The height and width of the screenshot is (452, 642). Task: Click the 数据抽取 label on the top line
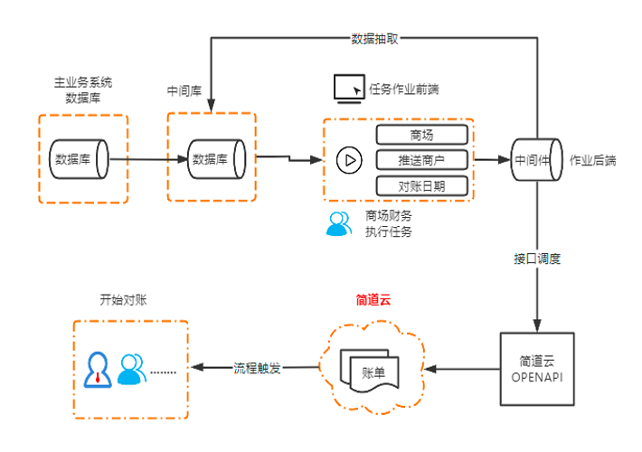[x=374, y=40]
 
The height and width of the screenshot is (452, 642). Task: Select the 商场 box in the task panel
[x=422, y=136]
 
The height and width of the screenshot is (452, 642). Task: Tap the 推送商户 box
[x=422, y=160]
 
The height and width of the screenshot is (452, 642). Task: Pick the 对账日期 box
[x=422, y=185]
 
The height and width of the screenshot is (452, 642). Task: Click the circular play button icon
[x=349, y=160]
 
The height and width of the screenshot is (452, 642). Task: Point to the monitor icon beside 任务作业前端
[x=348, y=87]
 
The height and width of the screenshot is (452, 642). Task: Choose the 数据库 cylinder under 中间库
[x=214, y=159]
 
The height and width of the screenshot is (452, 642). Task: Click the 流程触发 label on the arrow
[x=257, y=368]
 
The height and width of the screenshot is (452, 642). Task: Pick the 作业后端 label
[x=593, y=160]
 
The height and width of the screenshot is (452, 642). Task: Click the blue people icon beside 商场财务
[x=339, y=223]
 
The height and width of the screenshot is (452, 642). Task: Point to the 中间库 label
[x=184, y=91]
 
